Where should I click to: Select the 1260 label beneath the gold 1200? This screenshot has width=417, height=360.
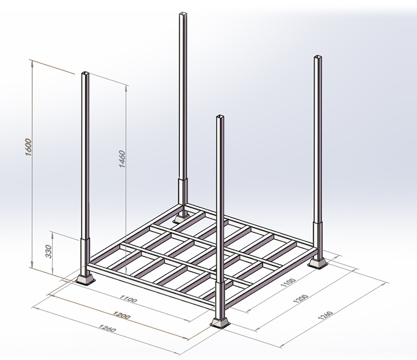108,330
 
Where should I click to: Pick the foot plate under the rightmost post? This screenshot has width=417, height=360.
317,263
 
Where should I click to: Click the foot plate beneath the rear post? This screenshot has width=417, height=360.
181,216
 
